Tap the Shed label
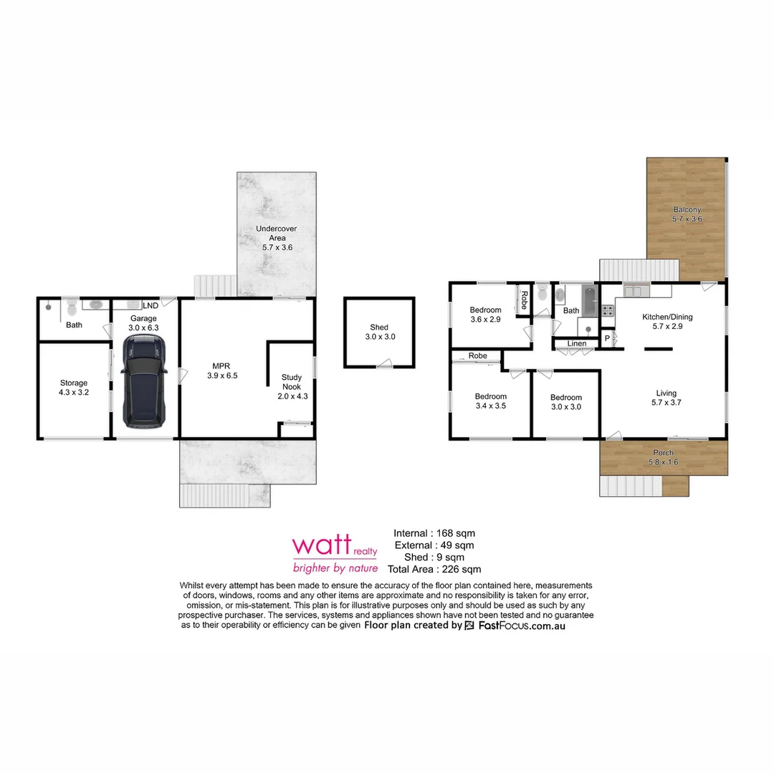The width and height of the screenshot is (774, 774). [380, 332]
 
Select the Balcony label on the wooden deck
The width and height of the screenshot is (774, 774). [687, 214]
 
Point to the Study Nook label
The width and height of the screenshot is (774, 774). [291, 382]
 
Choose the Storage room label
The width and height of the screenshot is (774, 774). [74, 388]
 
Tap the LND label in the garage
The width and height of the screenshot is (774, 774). [151, 305]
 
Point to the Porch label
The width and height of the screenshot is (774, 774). [663, 457]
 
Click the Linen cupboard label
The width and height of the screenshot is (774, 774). [577, 344]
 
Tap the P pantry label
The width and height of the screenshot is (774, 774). [606, 338]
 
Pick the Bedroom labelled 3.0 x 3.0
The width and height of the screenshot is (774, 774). [565, 402]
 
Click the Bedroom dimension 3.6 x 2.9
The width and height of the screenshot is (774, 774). [485, 320]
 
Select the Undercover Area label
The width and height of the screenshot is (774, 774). [277, 238]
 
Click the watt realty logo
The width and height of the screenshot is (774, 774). [335, 554]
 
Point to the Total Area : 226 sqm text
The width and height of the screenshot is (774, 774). [434, 570]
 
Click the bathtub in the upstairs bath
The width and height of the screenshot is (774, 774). [588, 301]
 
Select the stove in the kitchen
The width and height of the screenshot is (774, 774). [606, 310]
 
